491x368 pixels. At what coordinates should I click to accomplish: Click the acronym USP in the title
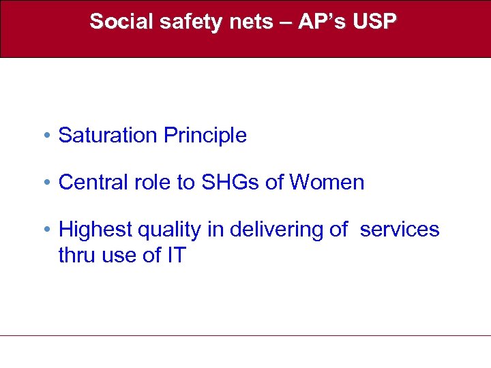[374, 22]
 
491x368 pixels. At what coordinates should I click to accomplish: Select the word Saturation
[108, 136]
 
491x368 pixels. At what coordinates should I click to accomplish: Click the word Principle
[205, 136]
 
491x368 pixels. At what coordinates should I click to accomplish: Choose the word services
[400, 230]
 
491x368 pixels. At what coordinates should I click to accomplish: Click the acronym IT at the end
[175, 256]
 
